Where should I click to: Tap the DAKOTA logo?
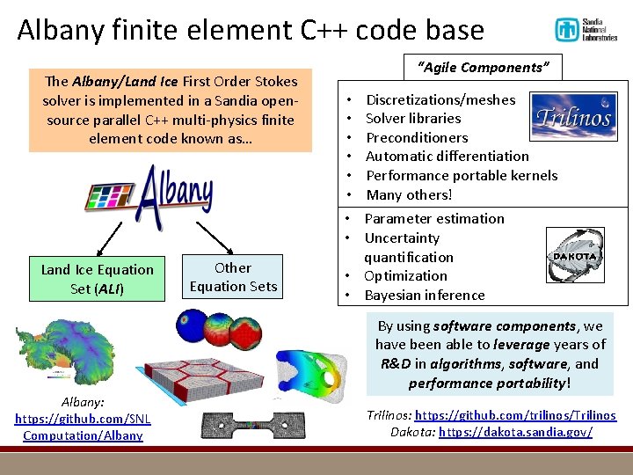575,256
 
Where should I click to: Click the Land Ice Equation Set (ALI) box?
97,279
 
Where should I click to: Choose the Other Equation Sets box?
233,277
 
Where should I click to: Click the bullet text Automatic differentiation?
447,156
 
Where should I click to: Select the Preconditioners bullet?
417,137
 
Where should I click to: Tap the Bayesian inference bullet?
425,295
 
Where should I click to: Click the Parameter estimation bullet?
434,218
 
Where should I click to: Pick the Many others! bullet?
409,194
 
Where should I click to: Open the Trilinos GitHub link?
515,415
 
